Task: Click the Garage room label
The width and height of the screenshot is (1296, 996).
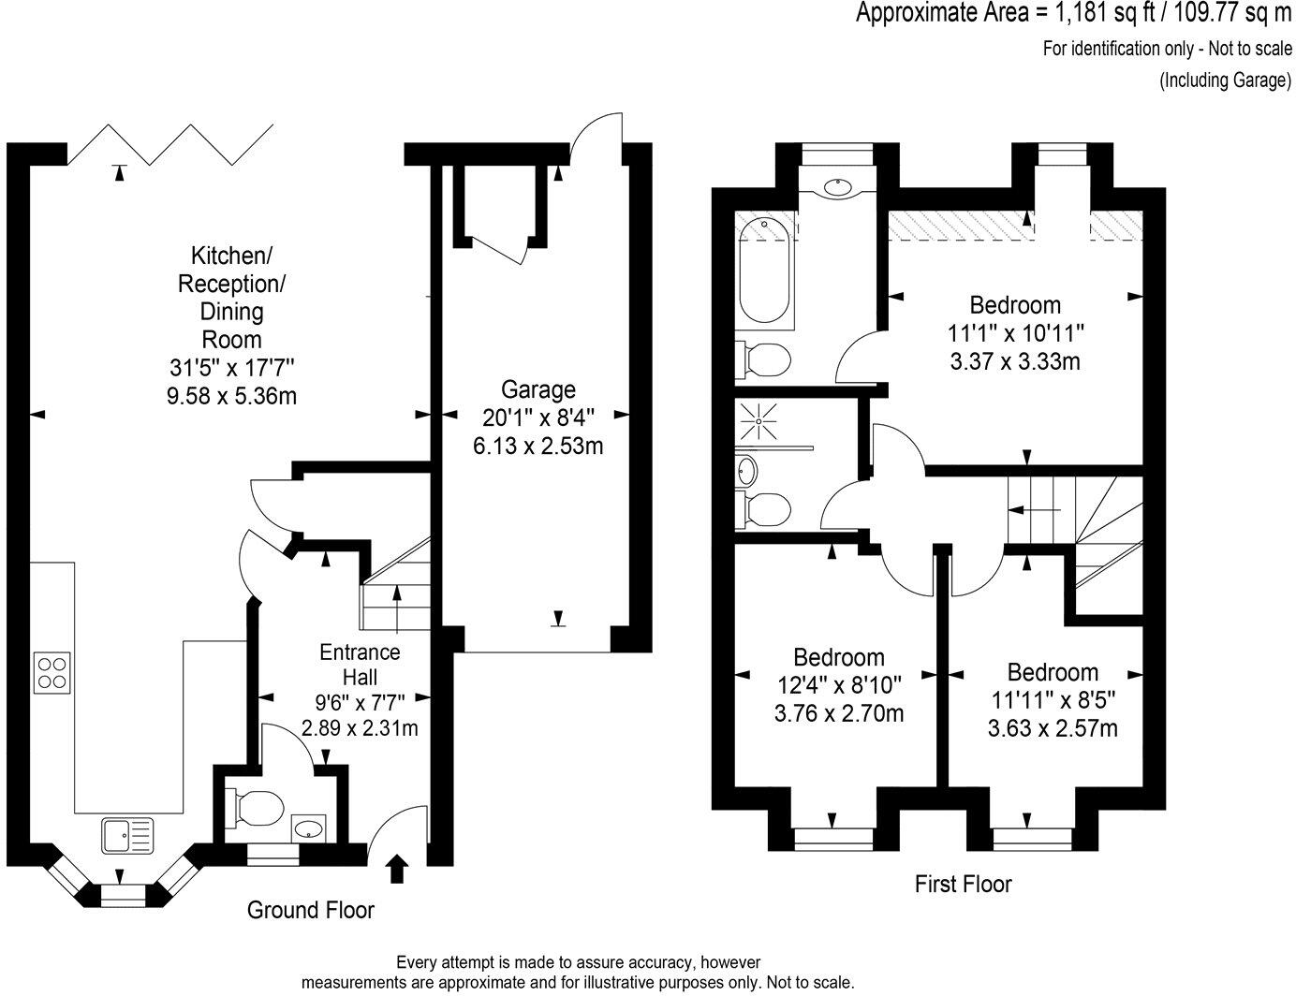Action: point(538,388)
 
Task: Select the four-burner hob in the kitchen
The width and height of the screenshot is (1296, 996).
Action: point(52,672)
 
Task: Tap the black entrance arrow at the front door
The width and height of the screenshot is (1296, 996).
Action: point(397,868)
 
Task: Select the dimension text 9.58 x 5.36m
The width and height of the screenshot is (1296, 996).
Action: point(231,396)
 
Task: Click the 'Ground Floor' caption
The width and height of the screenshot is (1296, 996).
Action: point(310,909)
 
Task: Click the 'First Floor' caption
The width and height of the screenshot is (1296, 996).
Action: point(963,883)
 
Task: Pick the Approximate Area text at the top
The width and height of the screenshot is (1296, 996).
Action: point(1074,14)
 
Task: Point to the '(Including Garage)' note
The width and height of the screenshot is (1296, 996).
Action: point(1225,80)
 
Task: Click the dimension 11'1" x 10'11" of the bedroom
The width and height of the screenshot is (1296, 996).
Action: point(1015,332)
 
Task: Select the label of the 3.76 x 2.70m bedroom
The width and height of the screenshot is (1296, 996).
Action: point(838,657)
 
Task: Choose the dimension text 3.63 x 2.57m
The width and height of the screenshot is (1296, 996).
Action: point(1053,727)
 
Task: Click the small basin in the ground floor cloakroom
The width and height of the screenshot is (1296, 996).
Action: point(309,828)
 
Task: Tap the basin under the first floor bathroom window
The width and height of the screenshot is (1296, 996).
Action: point(837,186)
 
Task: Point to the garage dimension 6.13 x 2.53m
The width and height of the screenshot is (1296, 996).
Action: point(538,446)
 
